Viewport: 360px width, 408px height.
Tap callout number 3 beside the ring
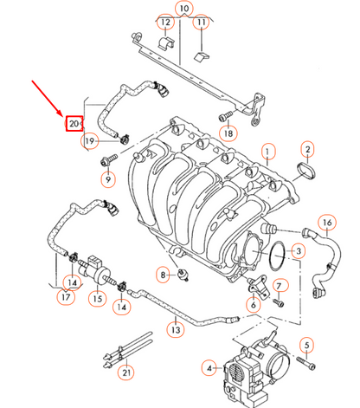coord(297,251)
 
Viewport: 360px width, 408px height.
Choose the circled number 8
coord(162,275)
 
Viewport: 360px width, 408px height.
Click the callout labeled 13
coord(176,329)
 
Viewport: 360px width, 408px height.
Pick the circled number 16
coord(326,223)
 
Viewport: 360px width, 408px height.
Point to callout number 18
coord(228,133)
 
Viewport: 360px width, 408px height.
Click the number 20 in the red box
coord(74,124)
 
